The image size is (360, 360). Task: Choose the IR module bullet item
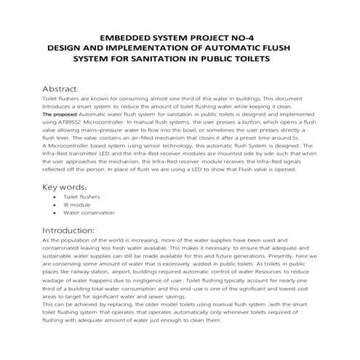point(75,205)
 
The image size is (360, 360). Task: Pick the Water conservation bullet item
point(89,213)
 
